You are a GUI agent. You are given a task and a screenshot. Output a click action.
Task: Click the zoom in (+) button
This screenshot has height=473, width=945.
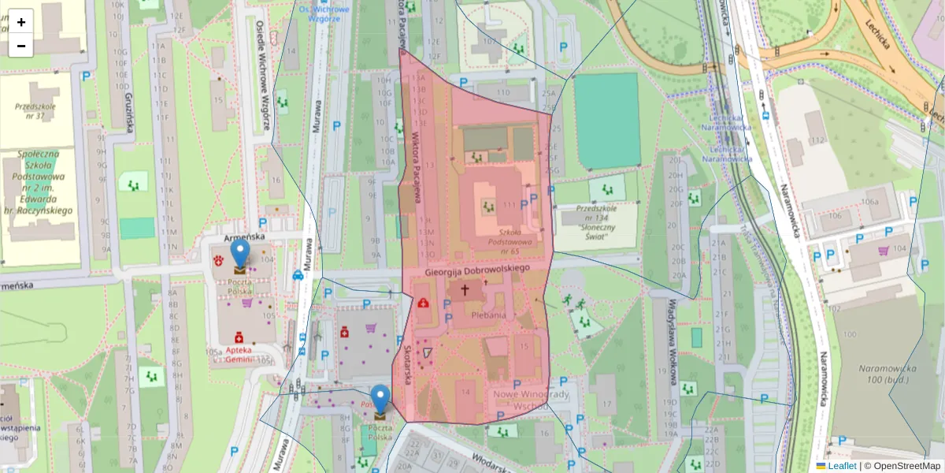(21, 22)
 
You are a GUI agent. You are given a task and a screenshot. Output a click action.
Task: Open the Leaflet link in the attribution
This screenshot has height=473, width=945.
(842, 466)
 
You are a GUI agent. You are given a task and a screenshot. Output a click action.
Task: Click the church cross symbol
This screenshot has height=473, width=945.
(465, 290)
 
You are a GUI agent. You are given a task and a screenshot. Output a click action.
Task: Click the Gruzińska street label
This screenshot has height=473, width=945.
(128, 111)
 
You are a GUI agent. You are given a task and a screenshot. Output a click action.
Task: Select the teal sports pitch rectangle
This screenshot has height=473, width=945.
(606, 121)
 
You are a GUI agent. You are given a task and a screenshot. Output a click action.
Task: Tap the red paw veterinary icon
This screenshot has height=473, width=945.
(218, 259)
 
